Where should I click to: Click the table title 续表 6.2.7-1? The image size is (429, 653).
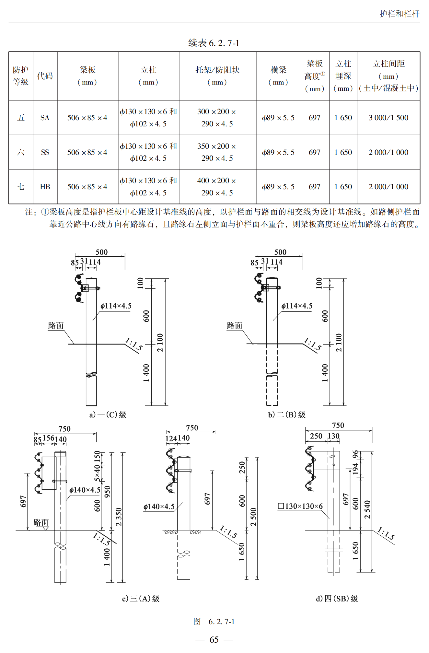point(214,43)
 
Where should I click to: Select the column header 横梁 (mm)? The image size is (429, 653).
point(278,76)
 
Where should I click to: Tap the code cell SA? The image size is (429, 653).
point(45,118)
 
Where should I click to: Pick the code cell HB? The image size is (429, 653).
point(45,187)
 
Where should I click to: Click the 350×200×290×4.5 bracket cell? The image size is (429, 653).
point(217,152)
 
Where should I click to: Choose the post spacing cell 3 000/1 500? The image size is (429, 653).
point(388,118)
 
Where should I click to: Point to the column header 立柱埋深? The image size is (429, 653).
point(343,76)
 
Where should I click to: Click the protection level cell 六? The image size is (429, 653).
point(20,152)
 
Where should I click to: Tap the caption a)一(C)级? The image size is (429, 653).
point(108,414)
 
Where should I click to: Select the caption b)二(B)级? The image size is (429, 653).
point(286,414)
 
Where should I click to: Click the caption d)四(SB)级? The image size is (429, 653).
point(337,599)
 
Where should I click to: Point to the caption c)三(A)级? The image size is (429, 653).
point(141,599)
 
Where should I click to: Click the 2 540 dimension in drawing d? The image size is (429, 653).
point(367,509)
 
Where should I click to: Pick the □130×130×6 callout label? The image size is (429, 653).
point(300,506)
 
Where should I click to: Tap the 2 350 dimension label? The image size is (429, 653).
point(119,517)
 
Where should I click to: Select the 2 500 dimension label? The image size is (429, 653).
point(253,517)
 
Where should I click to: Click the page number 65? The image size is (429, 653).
point(214,640)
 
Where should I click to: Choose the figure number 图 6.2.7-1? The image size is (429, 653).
point(214,622)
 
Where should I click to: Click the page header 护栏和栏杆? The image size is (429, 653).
point(400,14)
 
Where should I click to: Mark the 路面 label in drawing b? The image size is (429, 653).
point(235,326)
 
